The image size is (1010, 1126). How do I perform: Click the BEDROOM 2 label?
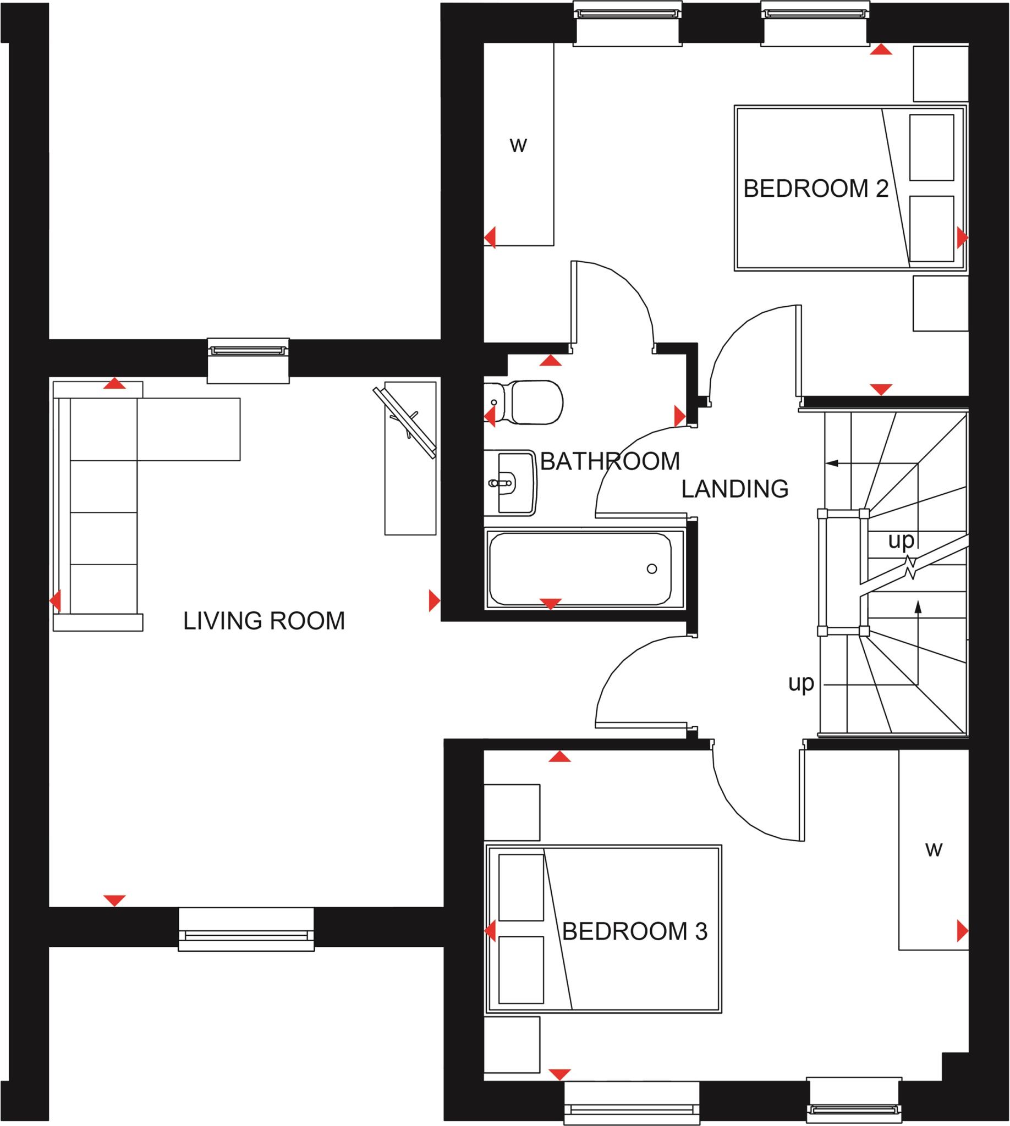coord(815,189)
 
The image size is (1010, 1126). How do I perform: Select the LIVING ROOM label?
coord(264,621)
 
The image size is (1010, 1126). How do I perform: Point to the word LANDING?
coord(735,489)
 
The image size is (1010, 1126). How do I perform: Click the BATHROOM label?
coord(610,461)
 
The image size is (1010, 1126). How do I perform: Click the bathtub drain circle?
coord(652,568)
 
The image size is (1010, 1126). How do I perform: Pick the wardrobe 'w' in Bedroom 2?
coord(518,145)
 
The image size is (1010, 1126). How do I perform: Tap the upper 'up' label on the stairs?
coord(901,540)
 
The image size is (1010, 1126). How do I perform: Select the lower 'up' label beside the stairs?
coord(801,683)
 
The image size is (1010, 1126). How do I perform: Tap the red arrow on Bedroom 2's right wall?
coord(962,238)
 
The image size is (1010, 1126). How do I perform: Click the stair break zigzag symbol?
coord(909,568)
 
